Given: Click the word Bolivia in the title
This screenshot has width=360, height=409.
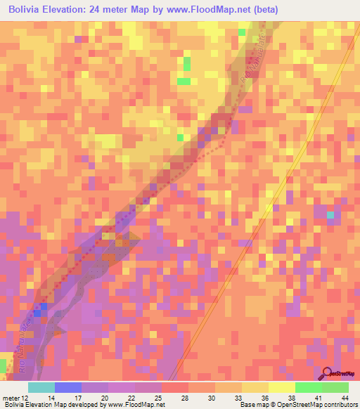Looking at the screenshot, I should pyautogui.click(x=26, y=10).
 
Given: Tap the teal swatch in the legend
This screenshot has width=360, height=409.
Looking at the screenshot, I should pyautogui.click(x=41, y=387).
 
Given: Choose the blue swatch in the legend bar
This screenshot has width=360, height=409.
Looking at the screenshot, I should pyautogui.click(x=67, y=387).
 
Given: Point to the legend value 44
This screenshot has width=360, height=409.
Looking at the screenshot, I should pyautogui.click(x=344, y=397).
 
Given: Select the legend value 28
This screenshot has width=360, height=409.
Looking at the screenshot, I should pyautogui.click(x=184, y=397).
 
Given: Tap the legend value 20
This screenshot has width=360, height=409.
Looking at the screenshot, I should pyautogui.click(x=105, y=397).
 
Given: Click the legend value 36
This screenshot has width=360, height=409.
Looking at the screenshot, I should pyautogui.click(x=264, y=397).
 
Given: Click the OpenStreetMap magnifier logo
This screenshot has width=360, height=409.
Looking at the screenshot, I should pyautogui.click(x=327, y=373).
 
